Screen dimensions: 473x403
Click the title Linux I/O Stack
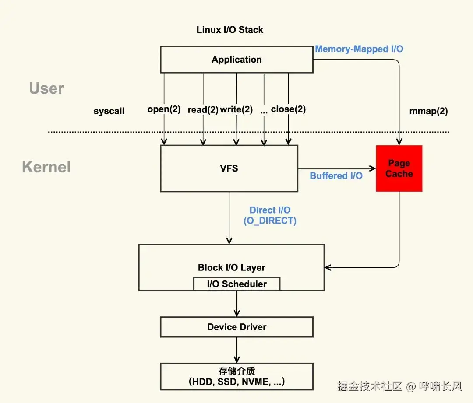pos(229,30)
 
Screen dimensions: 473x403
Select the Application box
pos(237,60)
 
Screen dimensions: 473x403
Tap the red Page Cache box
pos(399,168)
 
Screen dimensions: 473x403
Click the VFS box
pos(229,168)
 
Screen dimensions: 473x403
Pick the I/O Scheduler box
pos(237,284)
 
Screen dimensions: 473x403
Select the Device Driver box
pos(237,327)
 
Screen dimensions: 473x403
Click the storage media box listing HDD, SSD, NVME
pos(237,376)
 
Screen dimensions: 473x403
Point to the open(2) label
pos(164,109)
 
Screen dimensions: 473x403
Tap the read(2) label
pos(203,110)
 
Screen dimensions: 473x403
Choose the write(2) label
pos(236,109)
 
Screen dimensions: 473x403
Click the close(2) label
pos(288,109)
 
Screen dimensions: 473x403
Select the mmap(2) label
pos(428,111)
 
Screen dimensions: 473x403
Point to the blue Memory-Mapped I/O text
pos(359,49)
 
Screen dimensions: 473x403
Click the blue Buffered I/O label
pos(336,176)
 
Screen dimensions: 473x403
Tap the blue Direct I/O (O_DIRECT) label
pos(270,215)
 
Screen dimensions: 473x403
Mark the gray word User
pos(46,88)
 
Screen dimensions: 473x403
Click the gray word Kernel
pos(46,167)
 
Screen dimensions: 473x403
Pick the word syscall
pos(109,111)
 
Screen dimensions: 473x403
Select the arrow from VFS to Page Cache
pos(337,168)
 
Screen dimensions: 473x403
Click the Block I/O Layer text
pos(232,268)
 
